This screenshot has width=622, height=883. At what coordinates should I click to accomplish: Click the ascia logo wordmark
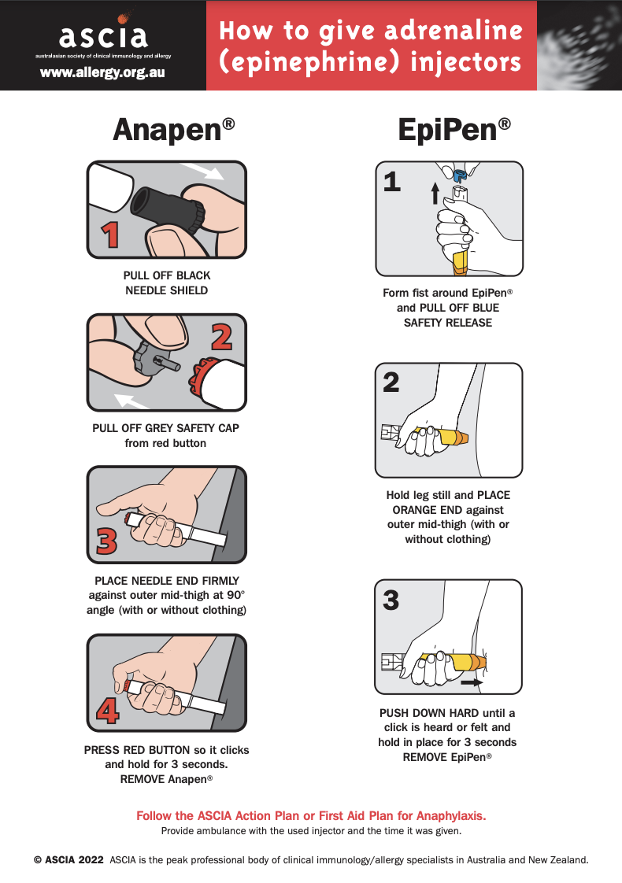point(102,35)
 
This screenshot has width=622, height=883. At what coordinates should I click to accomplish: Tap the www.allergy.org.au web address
point(102,72)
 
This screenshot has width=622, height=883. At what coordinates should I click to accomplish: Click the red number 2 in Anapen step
point(222,336)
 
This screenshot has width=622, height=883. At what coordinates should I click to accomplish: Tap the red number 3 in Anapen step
point(107,541)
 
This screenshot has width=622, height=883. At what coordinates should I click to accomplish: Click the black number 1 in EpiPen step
point(391,183)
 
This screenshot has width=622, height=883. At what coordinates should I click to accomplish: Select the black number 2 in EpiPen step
point(391,382)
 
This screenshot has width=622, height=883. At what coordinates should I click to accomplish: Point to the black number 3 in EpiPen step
point(391,600)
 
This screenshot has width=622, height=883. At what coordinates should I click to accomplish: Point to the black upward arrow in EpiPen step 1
point(434,192)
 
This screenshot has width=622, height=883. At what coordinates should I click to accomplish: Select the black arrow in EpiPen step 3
point(471,683)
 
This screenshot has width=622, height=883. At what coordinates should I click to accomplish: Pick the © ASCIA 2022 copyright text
point(68,860)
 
